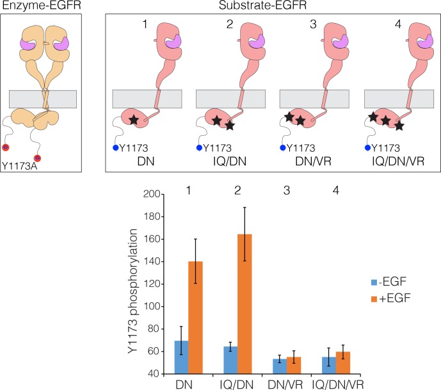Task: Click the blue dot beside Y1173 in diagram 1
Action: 116,147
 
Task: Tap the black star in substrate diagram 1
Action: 134,120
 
